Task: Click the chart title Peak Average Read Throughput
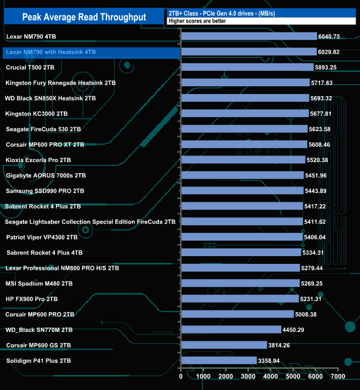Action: pyautogui.click(x=84, y=17)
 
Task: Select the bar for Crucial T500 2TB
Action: pyautogui.click(x=247, y=67)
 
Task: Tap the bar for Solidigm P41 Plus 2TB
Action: pyautogui.click(x=219, y=361)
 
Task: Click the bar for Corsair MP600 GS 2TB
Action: pyautogui.click(x=224, y=345)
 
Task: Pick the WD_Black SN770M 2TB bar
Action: pyautogui.click(x=231, y=330)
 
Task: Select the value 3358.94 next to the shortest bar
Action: pyautogui.click(x=272, y=361)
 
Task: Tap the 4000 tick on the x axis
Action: pyautogui.click(x=271, y=376)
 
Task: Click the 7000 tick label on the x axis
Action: pyautogui.click(x=338, y=376)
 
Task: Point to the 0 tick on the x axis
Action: pyautogui.click(x=181, y=376)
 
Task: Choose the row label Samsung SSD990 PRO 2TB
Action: pyautogui.click(x=45, y=191)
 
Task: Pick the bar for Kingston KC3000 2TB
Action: pyautogui.click(x=245, y=113)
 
